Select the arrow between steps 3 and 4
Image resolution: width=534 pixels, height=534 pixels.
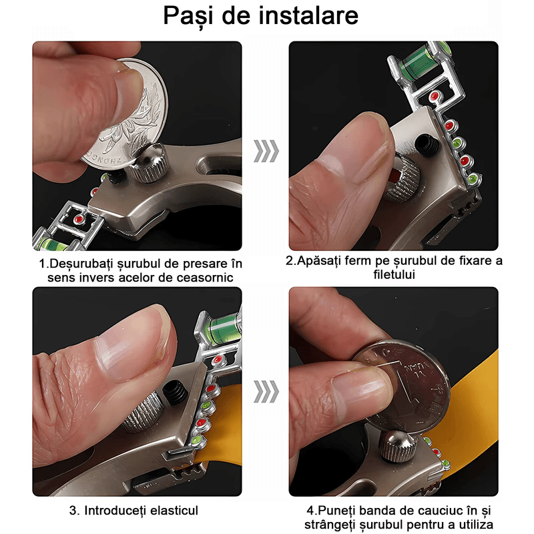(266, 392)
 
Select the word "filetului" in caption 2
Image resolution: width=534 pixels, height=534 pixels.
(394, 274)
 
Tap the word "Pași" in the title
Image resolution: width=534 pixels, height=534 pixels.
(188, 17)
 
